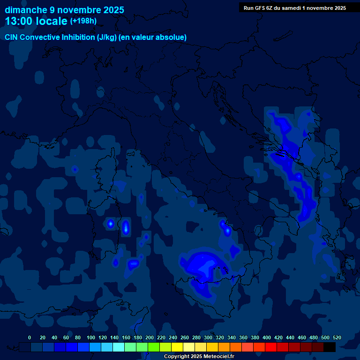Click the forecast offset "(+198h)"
(x=83, y=21)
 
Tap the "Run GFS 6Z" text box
(x=294, y=7)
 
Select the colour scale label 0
(x=30, y=337)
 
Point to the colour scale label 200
(x=150, y=337)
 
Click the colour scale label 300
(x=208, y=337)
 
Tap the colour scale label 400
(x=267, y=337)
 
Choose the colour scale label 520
(x=337, y=337)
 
